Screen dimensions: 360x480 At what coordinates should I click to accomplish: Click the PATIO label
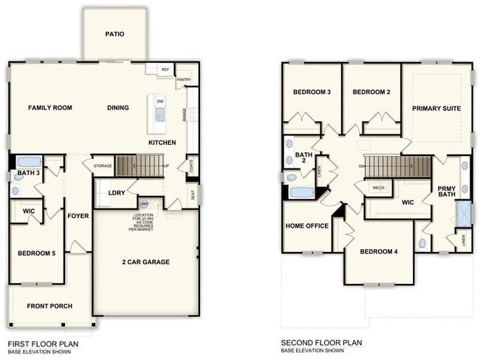pyautogui.click(x=114, y=34)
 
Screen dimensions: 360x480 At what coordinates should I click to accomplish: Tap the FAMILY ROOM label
pyautogui.click(x=50, y=108)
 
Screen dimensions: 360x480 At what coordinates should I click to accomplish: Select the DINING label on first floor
pyautogui.click(x=118, y=108)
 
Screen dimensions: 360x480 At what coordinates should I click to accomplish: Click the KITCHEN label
pyautogui.click(x=162, y=142)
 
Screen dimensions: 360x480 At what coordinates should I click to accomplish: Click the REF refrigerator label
pyautogui.click(x=165, y=69)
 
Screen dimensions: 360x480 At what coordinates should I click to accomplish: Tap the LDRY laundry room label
pyautogui.click(x=117, y=193)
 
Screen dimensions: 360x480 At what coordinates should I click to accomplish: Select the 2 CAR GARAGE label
pyautogui.click(x=145, y=262)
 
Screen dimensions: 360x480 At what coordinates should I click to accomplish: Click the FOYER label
pyautogui.click(x=78, y=217)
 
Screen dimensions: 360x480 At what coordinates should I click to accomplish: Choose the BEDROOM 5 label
pyautogui.click(x=37, y=254)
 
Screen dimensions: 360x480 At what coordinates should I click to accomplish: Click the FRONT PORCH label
pyautogui.click(x=49, y=306)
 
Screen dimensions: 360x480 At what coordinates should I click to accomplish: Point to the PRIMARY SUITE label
pyautogui.click(x=436, y=109)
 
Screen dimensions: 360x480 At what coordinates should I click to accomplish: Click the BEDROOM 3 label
pyautogui.click(x=312, y=92)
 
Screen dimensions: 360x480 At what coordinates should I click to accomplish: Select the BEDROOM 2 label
pyautogui.click(x=371, y=92)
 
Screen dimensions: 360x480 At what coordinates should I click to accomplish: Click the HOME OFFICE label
pyautogui.click(x=306, y=226)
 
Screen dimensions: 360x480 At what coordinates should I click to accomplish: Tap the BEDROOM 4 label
pyautogui.click(x=379, y=252)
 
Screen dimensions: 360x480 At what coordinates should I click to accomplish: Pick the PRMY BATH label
pyautogui.click(x=445, y=191)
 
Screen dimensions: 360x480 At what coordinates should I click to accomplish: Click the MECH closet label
pyautogui.click(x=378, y=188)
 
